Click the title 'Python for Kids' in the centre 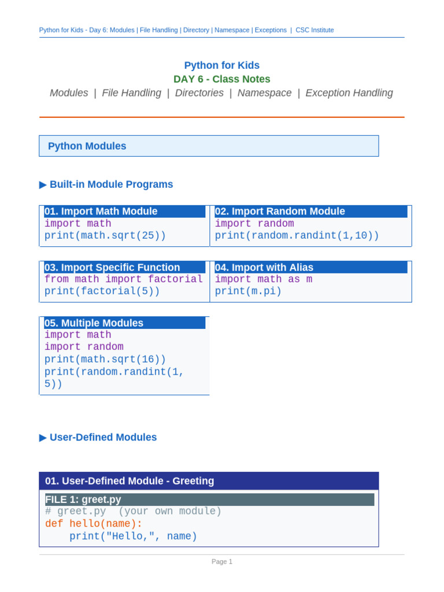221,65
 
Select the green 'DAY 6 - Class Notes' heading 221,79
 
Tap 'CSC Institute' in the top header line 314,30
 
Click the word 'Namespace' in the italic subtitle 264,93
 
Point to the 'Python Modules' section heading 87,146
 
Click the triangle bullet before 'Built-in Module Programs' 43,184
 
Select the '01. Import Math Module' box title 101,211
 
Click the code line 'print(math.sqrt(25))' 105,236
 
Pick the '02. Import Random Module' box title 280,211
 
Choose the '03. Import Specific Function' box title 112,267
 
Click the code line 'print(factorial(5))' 102,291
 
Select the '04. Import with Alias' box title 264,267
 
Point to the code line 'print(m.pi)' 248,291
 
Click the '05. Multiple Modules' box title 94,323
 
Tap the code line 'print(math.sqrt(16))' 105,359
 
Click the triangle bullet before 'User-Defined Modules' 43,438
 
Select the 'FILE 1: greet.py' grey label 83,499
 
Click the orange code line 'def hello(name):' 94,524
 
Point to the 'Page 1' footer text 222,561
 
